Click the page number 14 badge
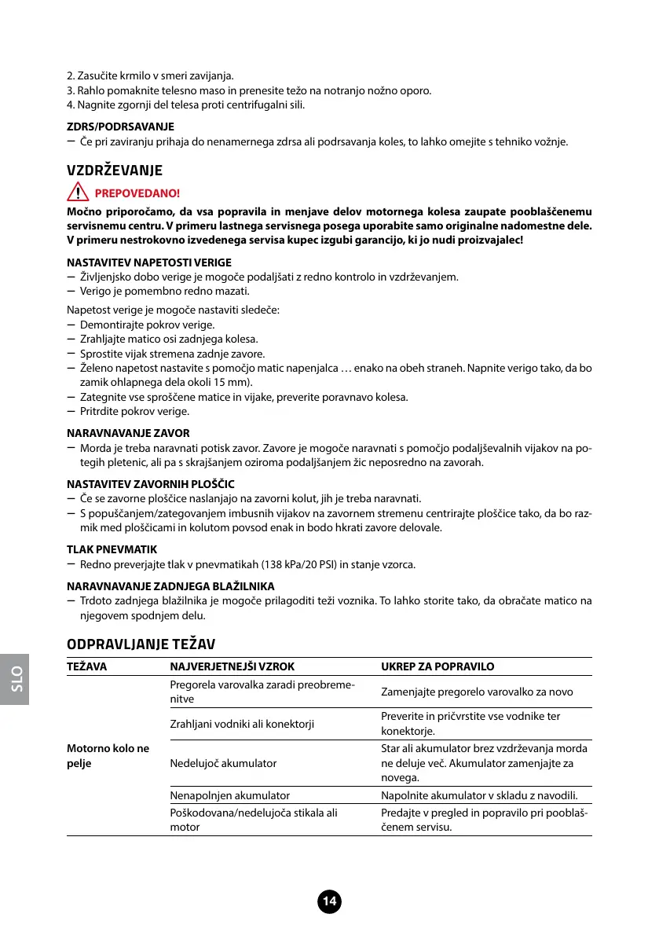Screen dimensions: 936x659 tap(330, 902)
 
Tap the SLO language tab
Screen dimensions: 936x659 tap(15, 677)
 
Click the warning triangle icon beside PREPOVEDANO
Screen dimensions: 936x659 tap(78, 193)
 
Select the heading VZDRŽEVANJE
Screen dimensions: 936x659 tap(114, 170)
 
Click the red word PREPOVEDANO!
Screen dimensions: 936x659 tap(137, 193)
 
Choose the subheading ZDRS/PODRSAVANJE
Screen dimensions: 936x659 tap(121, 126)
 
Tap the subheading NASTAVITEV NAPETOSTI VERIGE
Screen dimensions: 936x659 tap(149, 262)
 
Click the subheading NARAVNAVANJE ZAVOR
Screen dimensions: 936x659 tap(129, 433)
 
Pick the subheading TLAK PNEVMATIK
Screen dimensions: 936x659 tap(112, 549)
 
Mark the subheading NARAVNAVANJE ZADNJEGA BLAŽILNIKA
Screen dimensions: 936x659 tap(170, 586)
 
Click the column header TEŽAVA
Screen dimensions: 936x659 tap(87, 666)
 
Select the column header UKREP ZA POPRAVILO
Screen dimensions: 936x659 tap(438, 666)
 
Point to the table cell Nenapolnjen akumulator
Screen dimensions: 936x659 tap(229, 796)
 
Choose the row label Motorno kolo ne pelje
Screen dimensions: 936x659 tap(108, 755)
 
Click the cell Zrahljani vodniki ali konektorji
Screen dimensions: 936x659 tap(242, 724)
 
